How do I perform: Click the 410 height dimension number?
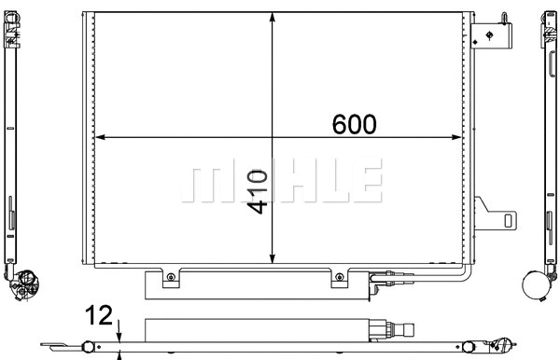coord(258,192)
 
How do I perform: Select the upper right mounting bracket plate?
coord(494,35)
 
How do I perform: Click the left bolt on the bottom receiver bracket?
coord(169,277)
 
